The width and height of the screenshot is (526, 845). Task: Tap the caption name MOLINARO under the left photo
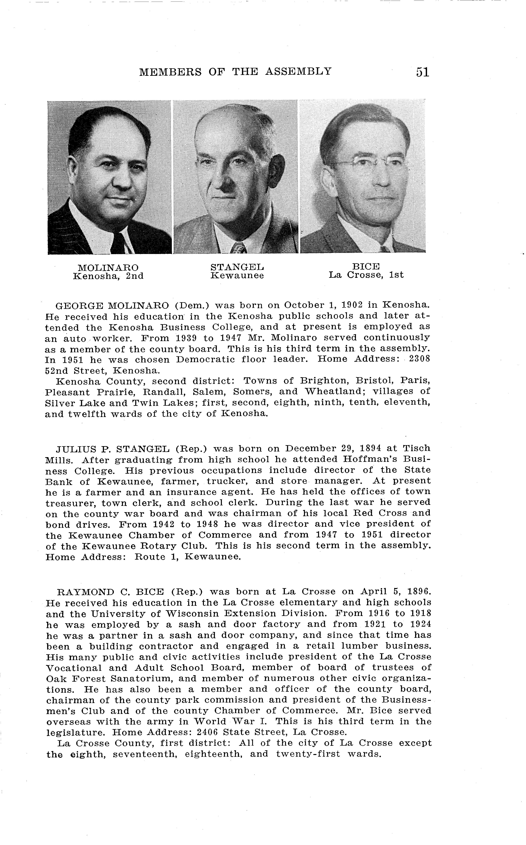coord(108,268)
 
